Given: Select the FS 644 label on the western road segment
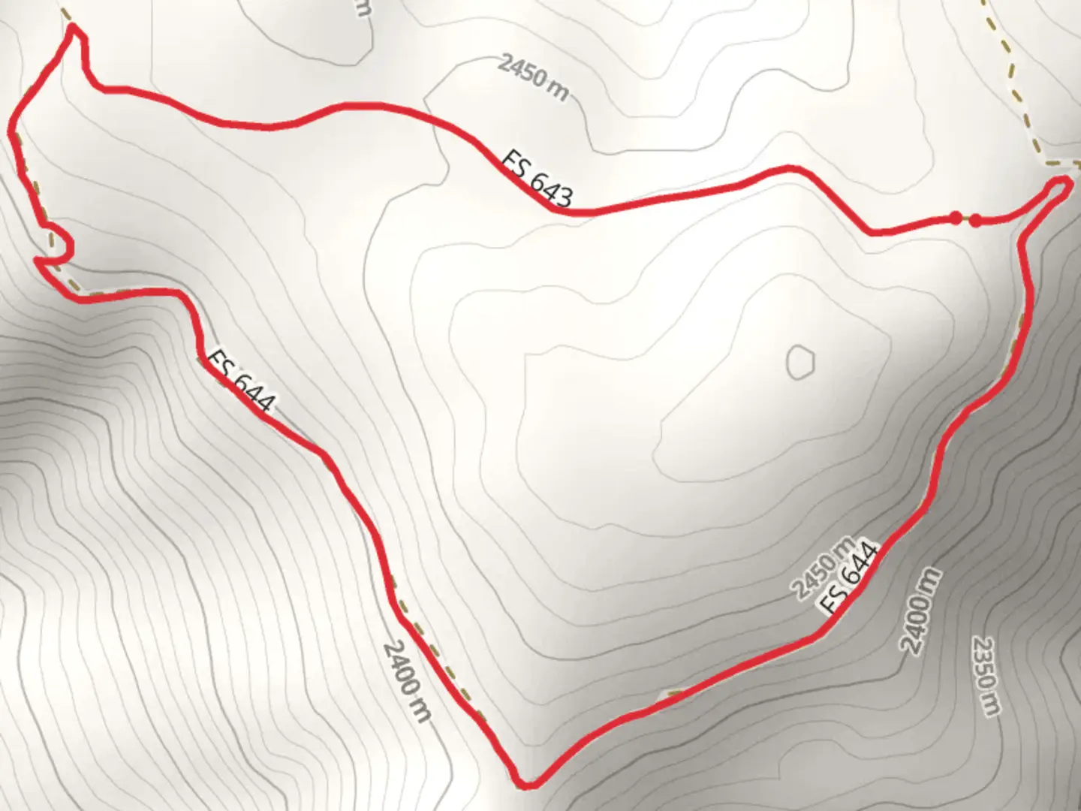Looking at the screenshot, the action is pos(239,381).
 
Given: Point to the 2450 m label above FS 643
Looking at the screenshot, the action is pos(532,77).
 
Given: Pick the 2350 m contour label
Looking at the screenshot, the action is pos(986,675).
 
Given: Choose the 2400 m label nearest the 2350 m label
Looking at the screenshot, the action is pos(920,611).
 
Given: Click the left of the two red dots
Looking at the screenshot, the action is pos(955,218).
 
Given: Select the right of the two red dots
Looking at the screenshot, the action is pos(974,220).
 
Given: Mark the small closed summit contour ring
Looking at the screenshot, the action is pos(800,362).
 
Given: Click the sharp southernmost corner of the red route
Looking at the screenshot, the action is pos(527,784).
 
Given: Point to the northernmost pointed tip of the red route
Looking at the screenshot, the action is pos(73,28).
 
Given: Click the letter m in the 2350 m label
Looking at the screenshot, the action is pos(993,705).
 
